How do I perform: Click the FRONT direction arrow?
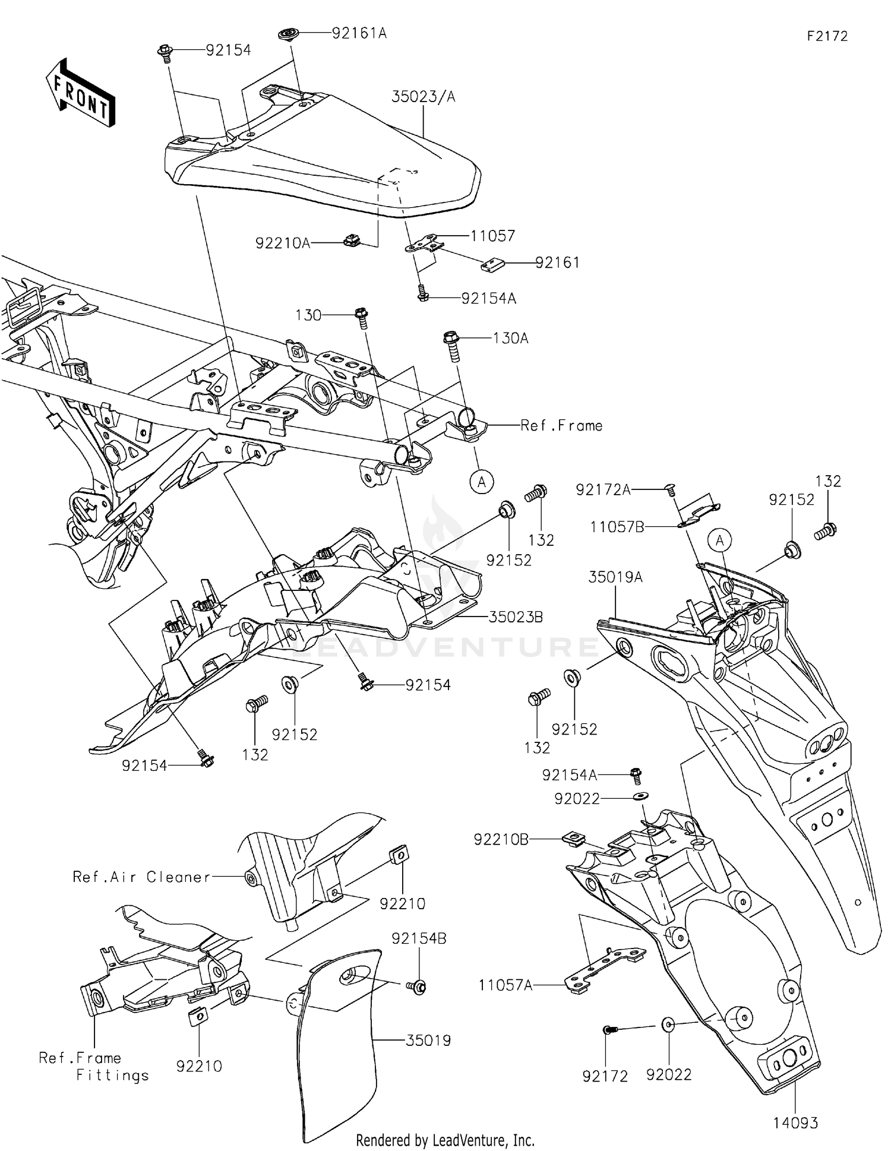(80, 92)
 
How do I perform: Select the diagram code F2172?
(827, 36)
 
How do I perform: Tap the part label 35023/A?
(423, 97)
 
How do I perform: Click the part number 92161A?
(359, 33)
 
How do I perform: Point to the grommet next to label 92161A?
(289, 33)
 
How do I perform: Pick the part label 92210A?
(283, 243)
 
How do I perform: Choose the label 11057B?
(617, 527)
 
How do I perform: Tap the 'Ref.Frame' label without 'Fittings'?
(561, 425)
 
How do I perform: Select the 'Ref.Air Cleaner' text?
(141, 877)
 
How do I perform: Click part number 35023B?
(516, 617)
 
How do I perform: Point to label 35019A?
(616, 577)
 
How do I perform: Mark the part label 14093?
(795, 1123)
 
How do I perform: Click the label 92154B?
(419, 938)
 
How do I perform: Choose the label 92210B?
(501, 839)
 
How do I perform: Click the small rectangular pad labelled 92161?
(492, 264)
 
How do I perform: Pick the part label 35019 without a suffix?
(428, 1041)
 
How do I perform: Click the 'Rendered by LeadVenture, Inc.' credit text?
(445, 1140)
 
